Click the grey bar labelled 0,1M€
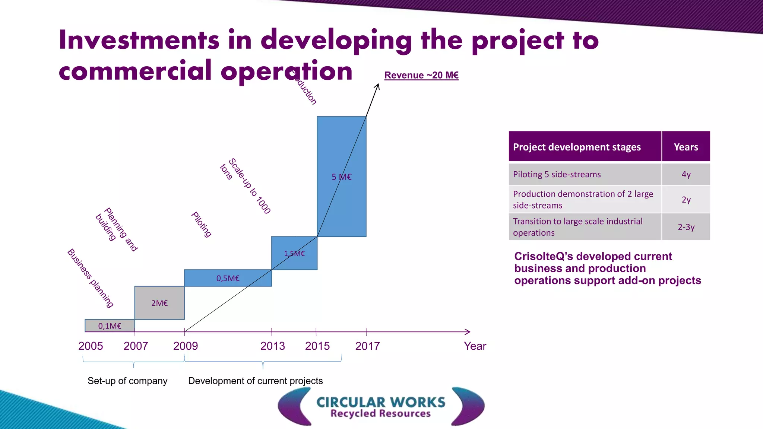(110, 326)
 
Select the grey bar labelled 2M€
(159, 303)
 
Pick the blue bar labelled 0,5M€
(228, 278)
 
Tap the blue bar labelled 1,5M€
(294, 253)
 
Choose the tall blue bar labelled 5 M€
(342, 177)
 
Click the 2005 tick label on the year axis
(91, 346)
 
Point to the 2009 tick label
(186, 346)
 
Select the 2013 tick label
(273, 346)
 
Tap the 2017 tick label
(367, 346)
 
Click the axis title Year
(475, 346)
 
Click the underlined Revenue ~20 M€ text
(421, 75)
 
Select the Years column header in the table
(686, 147)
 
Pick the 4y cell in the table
(686, 174)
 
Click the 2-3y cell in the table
(686, 227)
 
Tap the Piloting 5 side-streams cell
(557, 174)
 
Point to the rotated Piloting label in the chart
(202, 224)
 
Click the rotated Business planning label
(91, 278)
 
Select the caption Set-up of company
(127, 381)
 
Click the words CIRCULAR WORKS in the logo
(381, 402)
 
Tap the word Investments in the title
(139, 40)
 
